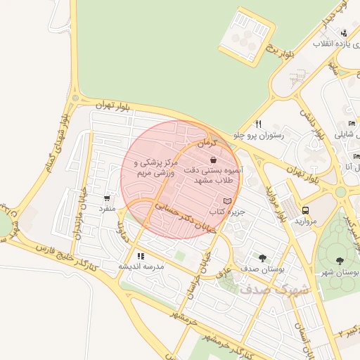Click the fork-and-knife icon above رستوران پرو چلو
[259, 124]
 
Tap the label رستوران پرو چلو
[262, 134]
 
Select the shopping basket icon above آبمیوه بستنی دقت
[212, 160]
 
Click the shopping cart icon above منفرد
[107, 199]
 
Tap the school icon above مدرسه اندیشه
[141, 256]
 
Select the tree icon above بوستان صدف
[262, 258]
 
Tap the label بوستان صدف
[262, 269]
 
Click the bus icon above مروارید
[305, 210]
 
